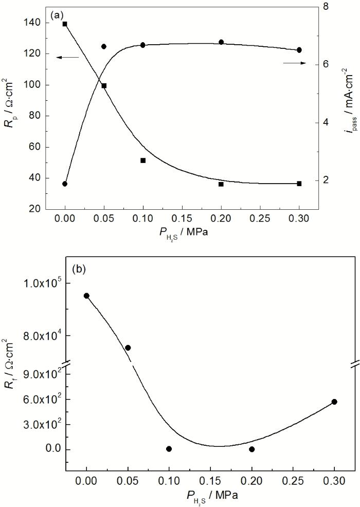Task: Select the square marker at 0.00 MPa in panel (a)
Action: (65, 24)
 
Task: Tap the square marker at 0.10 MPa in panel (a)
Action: (143, 160)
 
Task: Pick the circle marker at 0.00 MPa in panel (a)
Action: (65, 184)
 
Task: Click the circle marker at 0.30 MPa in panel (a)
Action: (299, 50)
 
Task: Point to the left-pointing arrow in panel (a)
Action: (67, 57)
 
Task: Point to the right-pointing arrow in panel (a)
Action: (294, 63)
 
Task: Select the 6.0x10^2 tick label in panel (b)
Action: (42, 400)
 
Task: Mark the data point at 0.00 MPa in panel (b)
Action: (86, 296)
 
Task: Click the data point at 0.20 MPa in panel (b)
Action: (251, 449)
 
